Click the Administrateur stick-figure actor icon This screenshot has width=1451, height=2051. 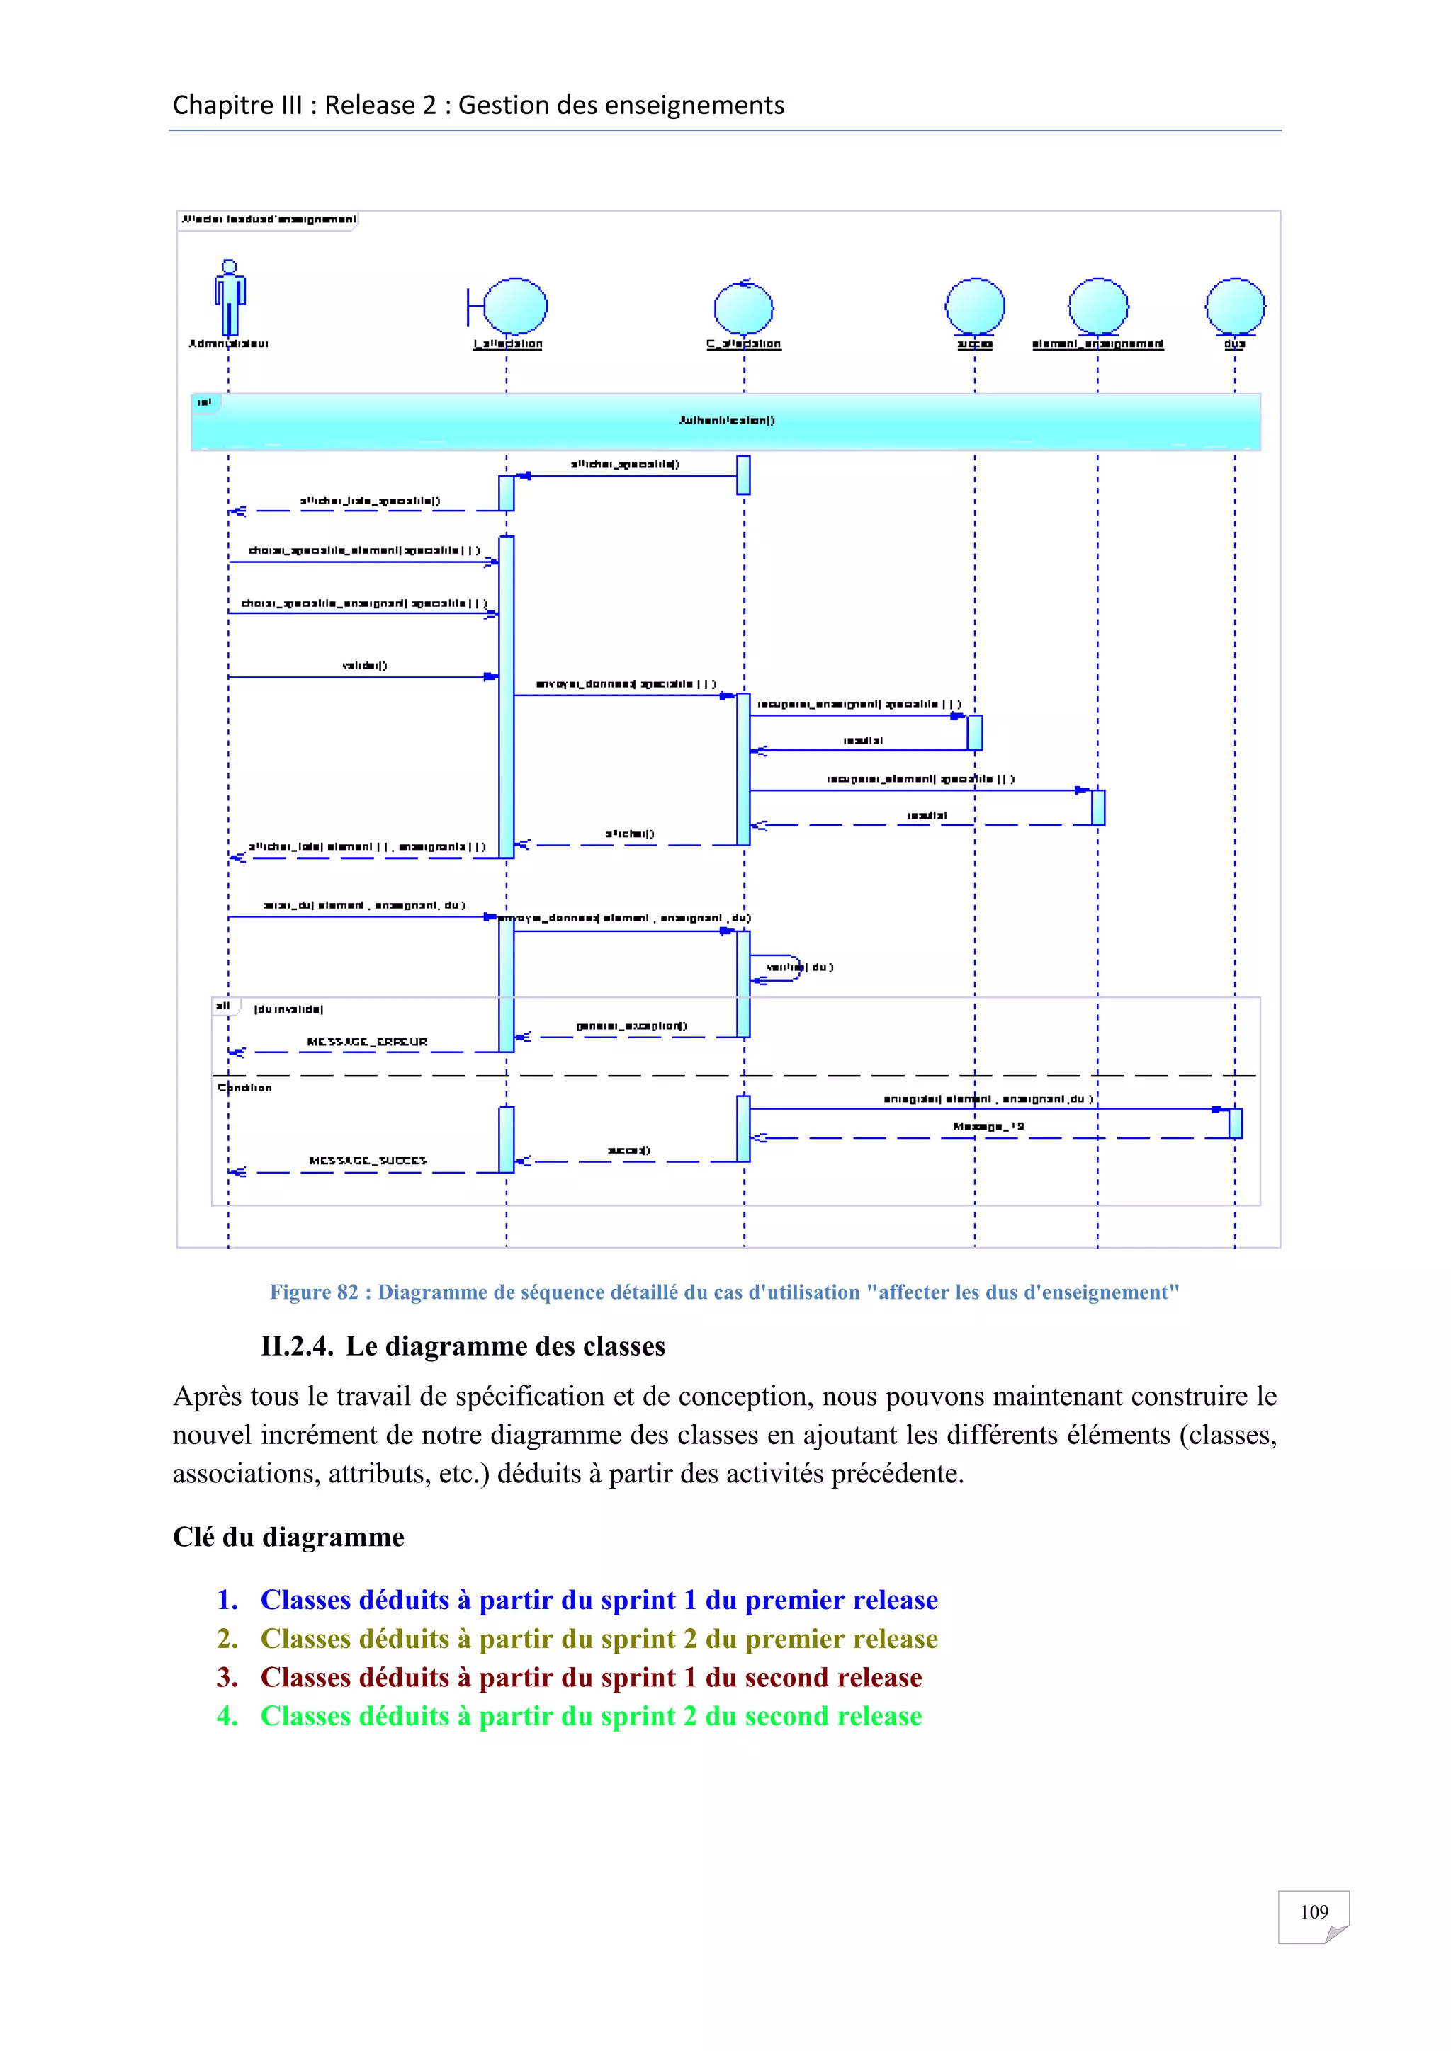tap(230, 297)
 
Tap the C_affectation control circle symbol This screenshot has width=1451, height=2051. tap(743, 307)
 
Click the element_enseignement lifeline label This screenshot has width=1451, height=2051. tap(1097, 344)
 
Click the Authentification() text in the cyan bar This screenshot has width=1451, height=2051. tap(726, 420)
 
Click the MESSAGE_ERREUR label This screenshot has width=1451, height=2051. tap(367, 1042)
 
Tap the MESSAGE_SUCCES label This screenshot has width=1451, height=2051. tap(367, 1160)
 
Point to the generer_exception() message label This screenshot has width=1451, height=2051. tap(632, 1025)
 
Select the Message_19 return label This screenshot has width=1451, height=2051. tap(988, 1127)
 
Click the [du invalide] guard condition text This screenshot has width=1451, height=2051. tap(288, 1009)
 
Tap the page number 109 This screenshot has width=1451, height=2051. tap(1314, 1911)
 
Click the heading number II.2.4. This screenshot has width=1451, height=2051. tap(297, 1346)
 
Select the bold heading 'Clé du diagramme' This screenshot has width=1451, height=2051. tap(288, 1538)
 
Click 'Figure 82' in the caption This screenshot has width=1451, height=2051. tap(314, 1292)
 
